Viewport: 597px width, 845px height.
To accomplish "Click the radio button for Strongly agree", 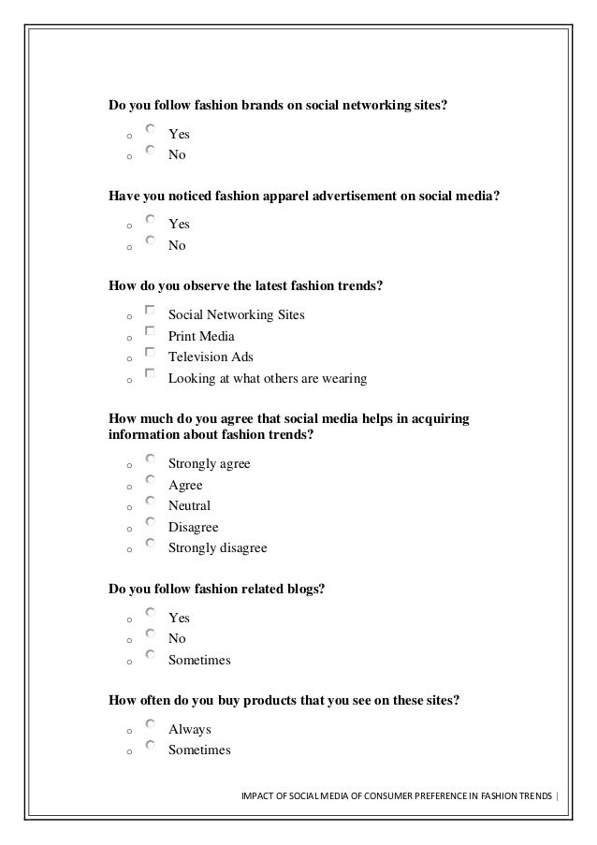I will point(151,459).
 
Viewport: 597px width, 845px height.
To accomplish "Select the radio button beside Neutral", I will point(151,501).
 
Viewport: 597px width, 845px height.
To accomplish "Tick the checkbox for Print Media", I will point(151,331).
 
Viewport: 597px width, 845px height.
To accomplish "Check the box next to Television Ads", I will point(151,353).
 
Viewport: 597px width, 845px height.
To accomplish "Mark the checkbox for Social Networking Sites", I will point(151,310).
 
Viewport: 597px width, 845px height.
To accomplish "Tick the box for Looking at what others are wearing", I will point(151,374).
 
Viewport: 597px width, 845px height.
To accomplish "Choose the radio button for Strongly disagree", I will point(151,544).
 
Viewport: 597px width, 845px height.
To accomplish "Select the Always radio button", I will point(151,723).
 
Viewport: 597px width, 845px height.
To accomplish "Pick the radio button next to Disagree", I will point(151,522).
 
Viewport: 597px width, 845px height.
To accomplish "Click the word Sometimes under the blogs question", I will point(199,661).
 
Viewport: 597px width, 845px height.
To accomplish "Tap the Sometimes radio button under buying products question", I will point(151,745).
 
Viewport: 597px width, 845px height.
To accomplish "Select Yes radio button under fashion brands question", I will point(151,129).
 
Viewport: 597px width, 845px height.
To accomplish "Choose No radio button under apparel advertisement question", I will point(151,240).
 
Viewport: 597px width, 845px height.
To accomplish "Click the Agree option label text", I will point(185,486).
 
